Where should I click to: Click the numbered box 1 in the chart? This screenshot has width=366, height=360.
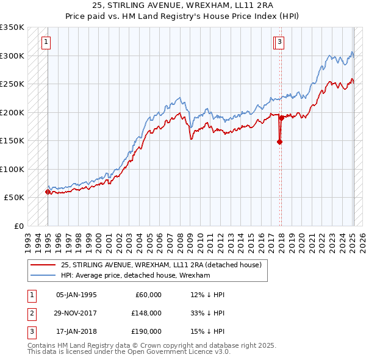46,42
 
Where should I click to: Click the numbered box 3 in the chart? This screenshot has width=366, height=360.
279,42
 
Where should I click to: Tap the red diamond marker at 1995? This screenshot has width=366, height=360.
48,192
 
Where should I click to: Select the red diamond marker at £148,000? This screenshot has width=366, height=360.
280,142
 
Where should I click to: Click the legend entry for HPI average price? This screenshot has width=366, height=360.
135,275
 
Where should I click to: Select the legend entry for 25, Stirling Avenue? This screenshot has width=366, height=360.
161,265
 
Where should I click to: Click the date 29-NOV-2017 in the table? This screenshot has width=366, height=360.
76,313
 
